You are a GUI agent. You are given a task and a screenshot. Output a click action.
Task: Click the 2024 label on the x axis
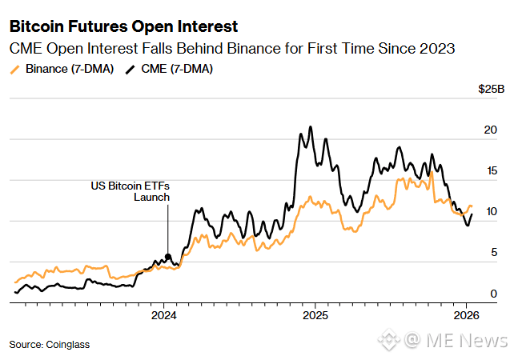[163, 314]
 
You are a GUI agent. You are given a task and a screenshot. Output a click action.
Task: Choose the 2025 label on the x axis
[314, 314]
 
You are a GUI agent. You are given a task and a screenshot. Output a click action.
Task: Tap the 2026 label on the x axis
[466, 314]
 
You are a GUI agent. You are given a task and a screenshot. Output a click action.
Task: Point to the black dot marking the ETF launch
[167, 258]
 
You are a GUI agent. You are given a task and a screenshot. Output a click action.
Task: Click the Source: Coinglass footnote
[50, 344]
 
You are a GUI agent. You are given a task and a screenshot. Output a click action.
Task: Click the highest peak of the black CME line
[310, 126]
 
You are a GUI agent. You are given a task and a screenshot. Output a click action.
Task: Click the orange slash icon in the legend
[14, 70]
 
